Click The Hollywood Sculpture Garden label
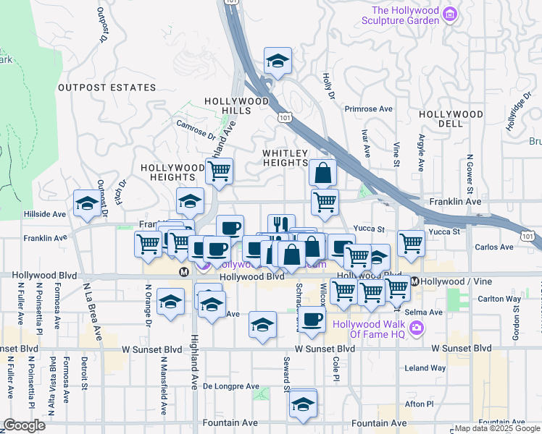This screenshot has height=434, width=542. coord(405,15)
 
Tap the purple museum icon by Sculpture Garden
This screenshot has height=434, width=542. coord(450,12)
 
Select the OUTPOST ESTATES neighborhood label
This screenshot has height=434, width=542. coord(107,88)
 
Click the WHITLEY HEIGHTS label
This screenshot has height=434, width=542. coord(285,158)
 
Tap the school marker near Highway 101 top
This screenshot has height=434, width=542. coord(277,61)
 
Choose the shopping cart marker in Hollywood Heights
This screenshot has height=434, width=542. coord(219,171)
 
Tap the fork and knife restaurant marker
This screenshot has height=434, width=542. coord(281,226)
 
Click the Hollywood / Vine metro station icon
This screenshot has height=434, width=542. coord(414,281)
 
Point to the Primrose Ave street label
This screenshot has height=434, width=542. coord(368,109)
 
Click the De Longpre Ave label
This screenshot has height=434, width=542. coord(230,386)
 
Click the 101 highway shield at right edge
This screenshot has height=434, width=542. coord(530,236)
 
